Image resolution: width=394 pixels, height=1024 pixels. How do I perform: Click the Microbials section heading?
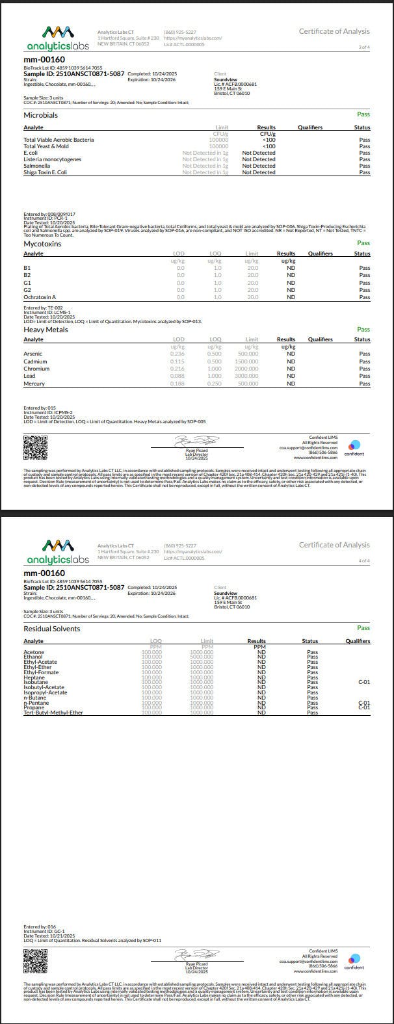pyautogui.click(x=40, y=115)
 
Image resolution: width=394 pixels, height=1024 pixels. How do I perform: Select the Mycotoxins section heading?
pyautogui.click(x=43, y=243)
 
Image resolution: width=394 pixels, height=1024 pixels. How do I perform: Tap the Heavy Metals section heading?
pyautogui.click(x=46, y=330)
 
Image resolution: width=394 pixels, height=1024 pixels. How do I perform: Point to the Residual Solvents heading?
pyautogui.click(x=52, y=629)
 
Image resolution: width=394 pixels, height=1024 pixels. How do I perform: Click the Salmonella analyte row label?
pyautogui.click(x=36, y=166)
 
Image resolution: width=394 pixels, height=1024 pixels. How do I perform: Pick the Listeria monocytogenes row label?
pyautogui.click(x=53, y=159)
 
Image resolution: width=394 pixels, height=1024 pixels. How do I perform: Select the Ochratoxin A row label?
pyautogui.click(x=40, y=297)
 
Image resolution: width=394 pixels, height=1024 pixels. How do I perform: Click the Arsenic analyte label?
pyautogui.click(x=33, y=354)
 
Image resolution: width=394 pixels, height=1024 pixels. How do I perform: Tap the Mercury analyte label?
pyautogui.click(x=34, y=384)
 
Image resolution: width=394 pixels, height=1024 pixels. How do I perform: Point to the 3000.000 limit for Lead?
pyautogui.click(x=247, y=376)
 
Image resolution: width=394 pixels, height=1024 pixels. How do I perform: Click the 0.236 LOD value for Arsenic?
pyautogui.click(x=177, y=354)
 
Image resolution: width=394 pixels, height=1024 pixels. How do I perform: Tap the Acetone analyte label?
pyautogui.click(x=34, y=652)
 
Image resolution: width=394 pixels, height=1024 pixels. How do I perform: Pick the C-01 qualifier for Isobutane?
pyautogui.click(x=364, y=682)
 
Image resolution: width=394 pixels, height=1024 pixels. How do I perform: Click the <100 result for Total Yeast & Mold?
pyautogui.click(x=269, y=146)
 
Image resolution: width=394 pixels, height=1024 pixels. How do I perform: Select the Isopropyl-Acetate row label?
pyautogui.click(x=46, y=692)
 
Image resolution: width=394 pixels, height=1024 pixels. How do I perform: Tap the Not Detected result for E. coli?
pyautogui.click(x=259, y=153)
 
